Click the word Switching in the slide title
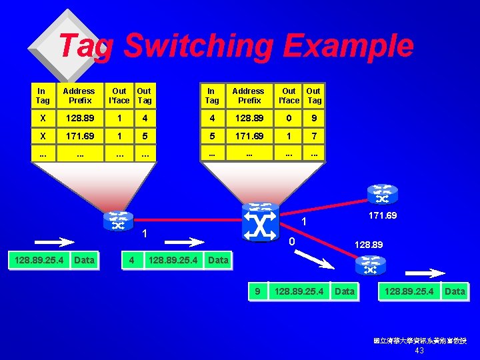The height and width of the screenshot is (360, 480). coord(198,47)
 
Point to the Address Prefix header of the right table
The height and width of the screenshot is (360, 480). coord(249,95)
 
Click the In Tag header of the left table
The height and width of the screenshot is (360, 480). coord(42,95)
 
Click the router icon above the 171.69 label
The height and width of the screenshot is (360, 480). coord(383,194)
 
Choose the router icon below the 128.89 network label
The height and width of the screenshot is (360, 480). coord(371,266)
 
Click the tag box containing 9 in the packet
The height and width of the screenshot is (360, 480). coord(257,291)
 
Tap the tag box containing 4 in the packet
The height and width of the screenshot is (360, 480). coord(132,259)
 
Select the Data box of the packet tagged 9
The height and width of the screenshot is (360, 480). coord(345,291)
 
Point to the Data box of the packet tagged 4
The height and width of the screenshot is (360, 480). coord(219,259)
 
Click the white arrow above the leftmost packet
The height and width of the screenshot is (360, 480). coord(55,241)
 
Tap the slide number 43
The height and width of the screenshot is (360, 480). coord(419,351)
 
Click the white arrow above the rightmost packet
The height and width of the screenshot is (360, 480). coord(425,273)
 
